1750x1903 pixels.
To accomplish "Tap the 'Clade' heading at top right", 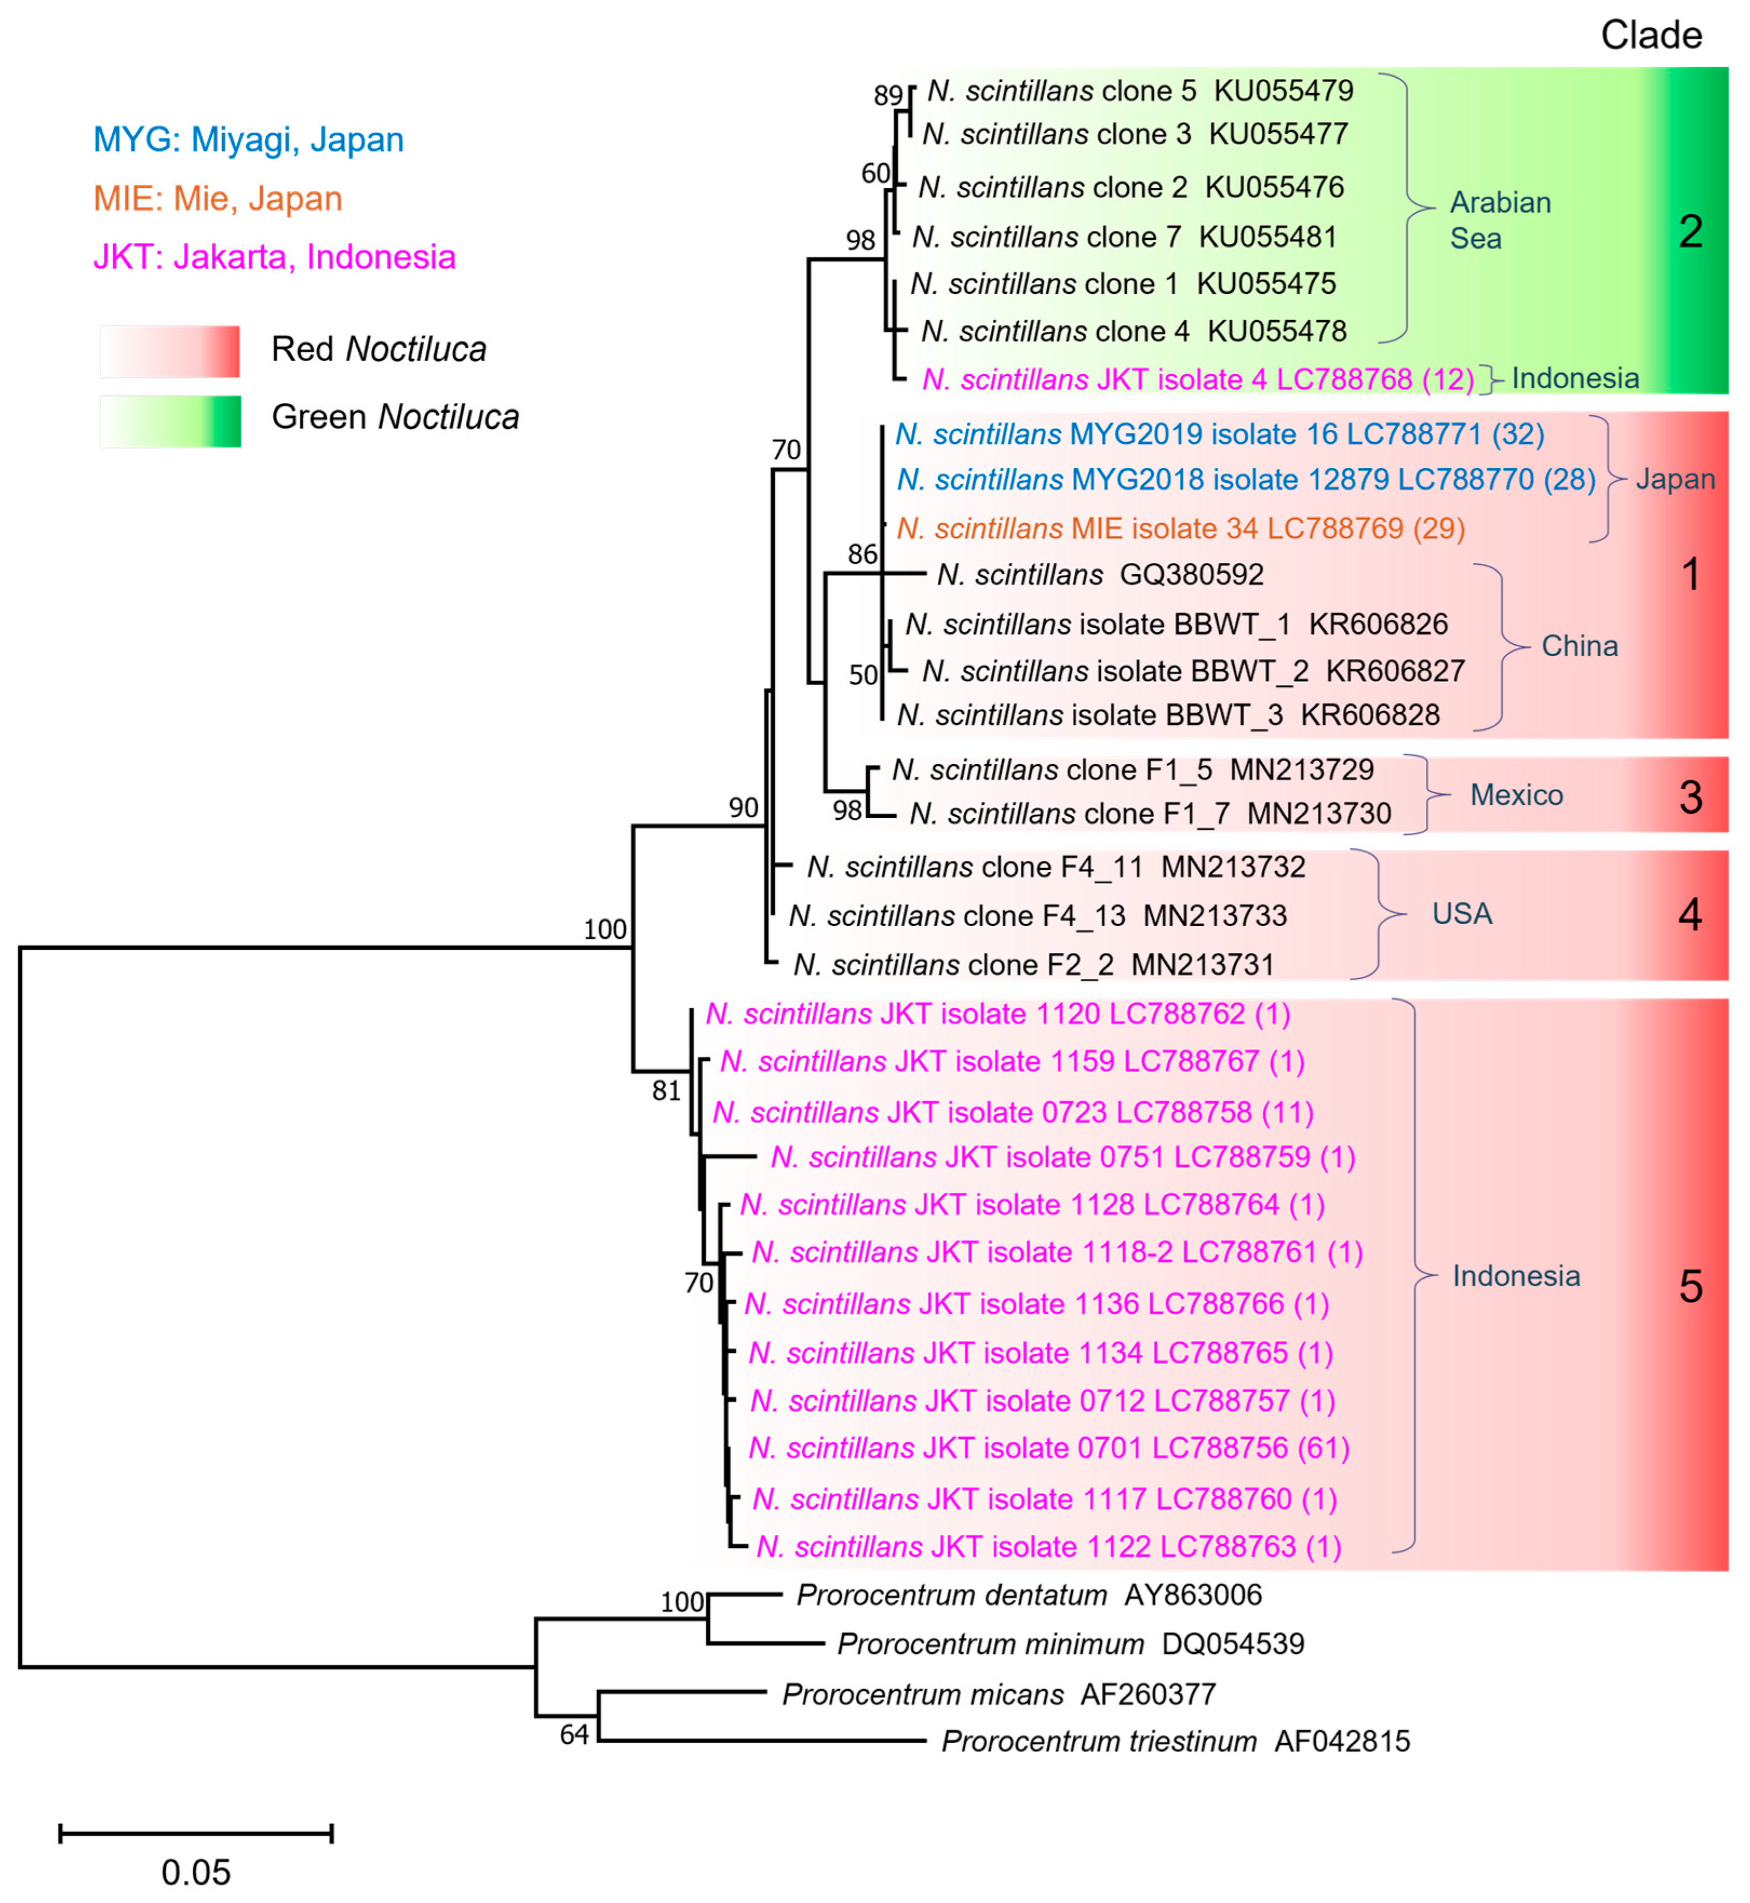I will click(x=1651, y=36).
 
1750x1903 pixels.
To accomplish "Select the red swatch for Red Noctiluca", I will click(x=170, y=351).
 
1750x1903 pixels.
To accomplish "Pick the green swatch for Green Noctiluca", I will click(x=170, y=421).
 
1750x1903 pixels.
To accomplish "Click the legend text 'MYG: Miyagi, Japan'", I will click(x=248, y=140).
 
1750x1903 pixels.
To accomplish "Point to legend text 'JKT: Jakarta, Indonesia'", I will click(x=274, y=257).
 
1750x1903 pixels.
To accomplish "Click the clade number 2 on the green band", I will click(x=1690, y=231).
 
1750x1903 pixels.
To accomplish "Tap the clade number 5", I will click(x=1690, y=1286).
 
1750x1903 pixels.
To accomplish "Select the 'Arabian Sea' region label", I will click(x=1500, y=220).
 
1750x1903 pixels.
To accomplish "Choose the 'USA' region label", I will click(x=1461, y=913).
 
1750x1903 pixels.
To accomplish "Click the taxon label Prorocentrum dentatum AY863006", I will click(x=1028, y=1595).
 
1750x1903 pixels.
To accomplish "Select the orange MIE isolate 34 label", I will click(x=1180, y=529).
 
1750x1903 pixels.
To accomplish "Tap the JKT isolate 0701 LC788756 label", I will click(x=1049, y=1448).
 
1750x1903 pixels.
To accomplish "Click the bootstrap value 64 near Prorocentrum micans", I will click(x=574, y=1734).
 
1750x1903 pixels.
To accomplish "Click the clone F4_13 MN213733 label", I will click(x=1037, y=916).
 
